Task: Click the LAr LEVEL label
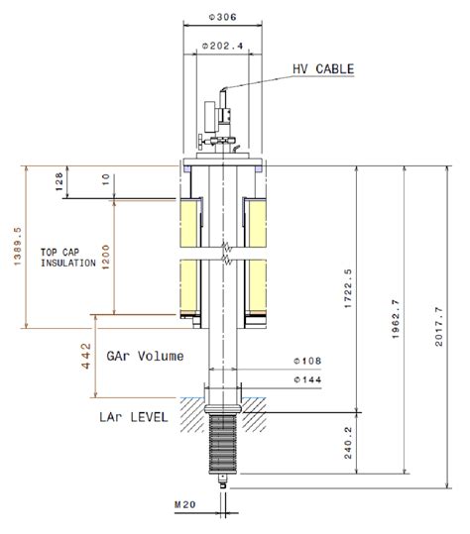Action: pos(135,418)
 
